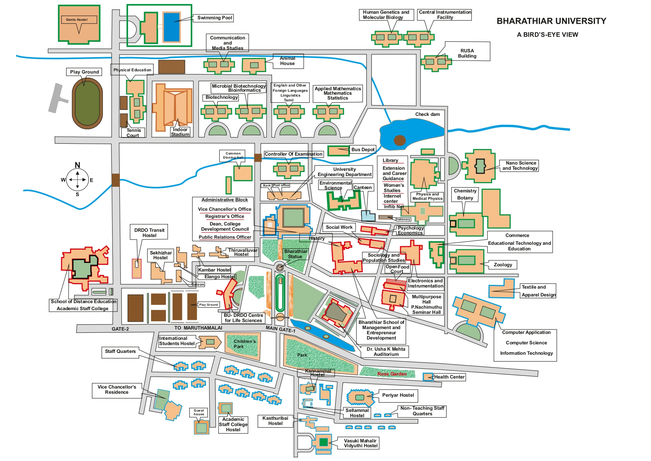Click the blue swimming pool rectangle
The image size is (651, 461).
click(x=171, y=27)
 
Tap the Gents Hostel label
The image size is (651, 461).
click(x=77, y=20)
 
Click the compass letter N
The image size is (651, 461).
click(x=77, y=165)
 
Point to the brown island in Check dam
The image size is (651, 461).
click(x=399, y=140)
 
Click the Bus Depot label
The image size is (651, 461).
click(x=363, y=150)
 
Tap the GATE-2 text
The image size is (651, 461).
click(x=120, y=329)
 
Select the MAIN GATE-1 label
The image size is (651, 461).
click(x=281, y=329)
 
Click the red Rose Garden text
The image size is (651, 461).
click(x=392, y=374)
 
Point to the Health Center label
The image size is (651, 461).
click(x=449, y=377)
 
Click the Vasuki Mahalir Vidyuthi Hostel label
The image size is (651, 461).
click(x=360, y=443)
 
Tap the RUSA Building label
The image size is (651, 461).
click(x=467, y=53)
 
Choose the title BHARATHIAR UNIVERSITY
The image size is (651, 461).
click(x=551, y=21)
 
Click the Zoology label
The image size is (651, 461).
click(x=503, y=265)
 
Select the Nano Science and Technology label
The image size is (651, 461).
click(x=520, y=166)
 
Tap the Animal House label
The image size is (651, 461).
click(x=287, y=61)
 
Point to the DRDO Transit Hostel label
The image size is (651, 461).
click(x=149, y=233)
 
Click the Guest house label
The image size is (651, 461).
click(x=199, y=412)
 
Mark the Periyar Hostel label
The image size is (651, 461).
click(x=398, y=395)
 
